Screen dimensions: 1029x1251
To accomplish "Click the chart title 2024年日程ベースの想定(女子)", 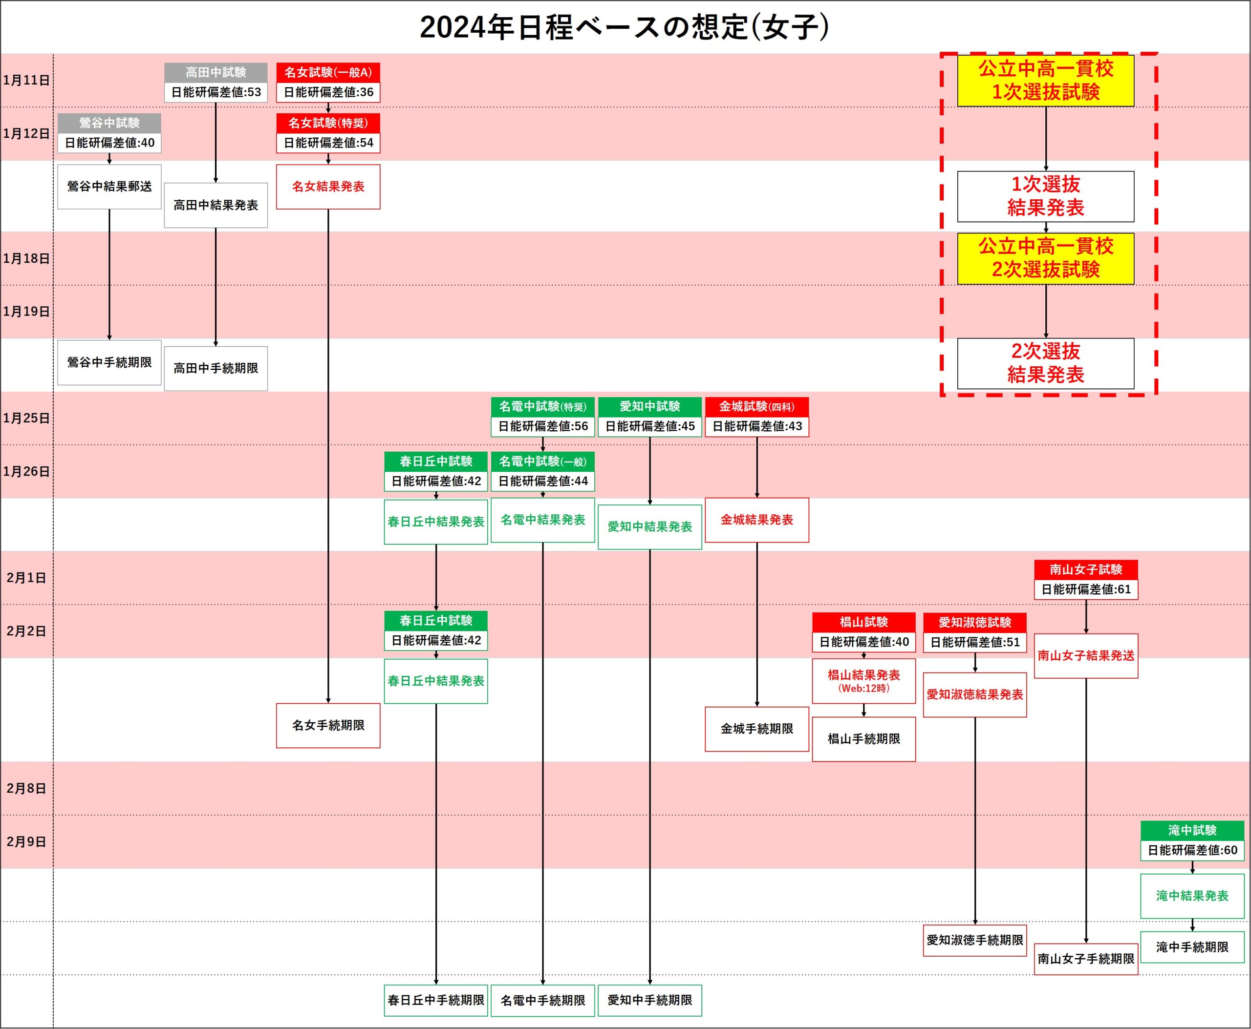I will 624,27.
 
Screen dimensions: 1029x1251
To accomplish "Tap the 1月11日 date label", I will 26,80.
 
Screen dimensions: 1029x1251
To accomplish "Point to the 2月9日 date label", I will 26,841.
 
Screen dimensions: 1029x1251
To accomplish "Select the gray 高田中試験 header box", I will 216,72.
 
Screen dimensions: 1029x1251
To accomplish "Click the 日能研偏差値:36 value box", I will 328,92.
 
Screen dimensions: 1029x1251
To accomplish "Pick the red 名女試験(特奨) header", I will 328,123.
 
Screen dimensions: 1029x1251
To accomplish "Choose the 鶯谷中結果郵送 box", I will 109,187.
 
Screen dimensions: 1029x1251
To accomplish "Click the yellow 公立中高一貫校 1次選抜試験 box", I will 1045,81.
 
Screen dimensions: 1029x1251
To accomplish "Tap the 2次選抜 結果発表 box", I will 1045,363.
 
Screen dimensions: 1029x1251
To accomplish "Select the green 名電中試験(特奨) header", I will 542,407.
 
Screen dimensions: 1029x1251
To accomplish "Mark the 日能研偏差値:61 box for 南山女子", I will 1085,589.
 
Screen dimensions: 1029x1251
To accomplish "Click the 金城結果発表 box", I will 756,520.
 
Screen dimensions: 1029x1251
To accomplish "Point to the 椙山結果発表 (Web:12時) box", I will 863,680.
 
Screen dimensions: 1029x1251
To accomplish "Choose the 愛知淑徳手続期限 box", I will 974,940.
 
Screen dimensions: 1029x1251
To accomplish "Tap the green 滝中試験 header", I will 1192,830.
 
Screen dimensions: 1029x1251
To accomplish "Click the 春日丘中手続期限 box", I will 435,1001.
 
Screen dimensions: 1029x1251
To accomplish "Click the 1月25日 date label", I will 26,418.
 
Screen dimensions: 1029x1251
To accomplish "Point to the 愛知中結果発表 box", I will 649,527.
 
